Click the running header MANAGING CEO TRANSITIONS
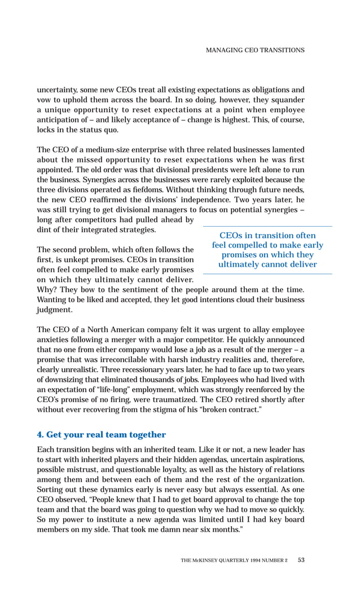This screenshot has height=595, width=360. pyautogui.click(x=255, y=50)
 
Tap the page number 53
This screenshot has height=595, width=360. pyautogui.click(x=301, y=560)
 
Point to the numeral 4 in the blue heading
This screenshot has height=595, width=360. pyautogui.click(x=39, y=434)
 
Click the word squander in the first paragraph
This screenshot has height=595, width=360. pyautogui.click(x=287, y=100)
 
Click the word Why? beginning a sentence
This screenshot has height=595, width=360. pyautogui.click(x=47, y=289)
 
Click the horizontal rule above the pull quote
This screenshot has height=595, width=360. pyautogui.click(x=267, y=226)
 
